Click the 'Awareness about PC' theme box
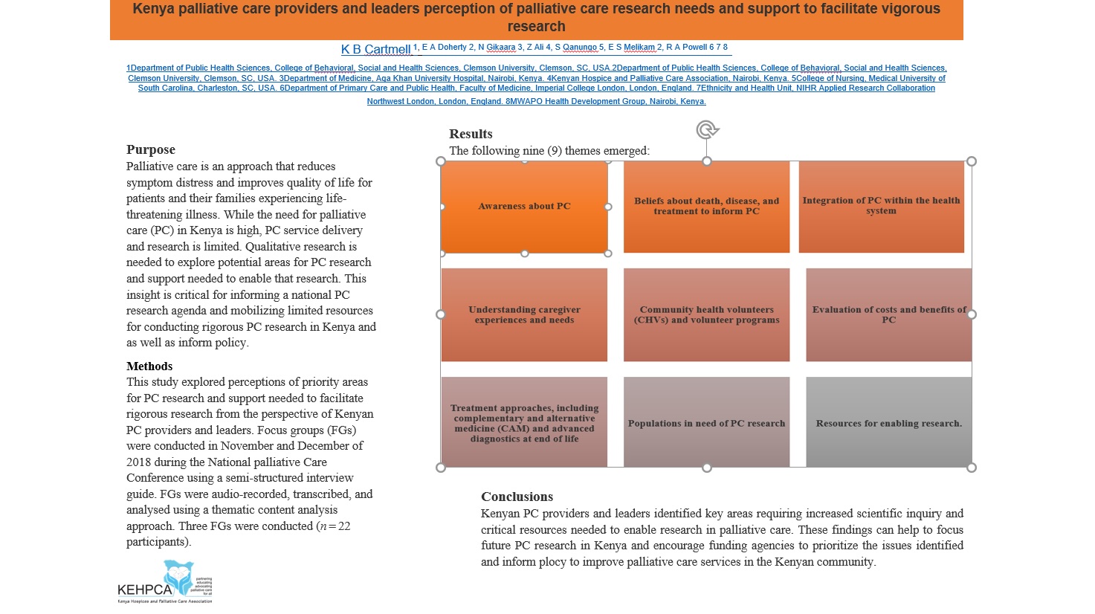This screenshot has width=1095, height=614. click(x=524, y=207)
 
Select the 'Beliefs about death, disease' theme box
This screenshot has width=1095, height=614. click(x=706, y=207)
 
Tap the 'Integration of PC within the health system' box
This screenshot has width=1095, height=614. click(x=881, y=207)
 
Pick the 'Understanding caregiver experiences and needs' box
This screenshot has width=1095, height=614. click(x=524, y=314)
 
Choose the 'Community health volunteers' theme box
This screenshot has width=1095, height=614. click(x=706, y=314)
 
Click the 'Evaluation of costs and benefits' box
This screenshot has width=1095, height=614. click(x=888, y=314)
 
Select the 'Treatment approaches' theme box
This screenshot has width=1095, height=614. click(x=524, y=422)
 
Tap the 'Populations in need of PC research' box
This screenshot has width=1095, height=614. click(x=706, y=422)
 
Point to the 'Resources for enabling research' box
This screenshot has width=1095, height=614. click(x=888, y=422)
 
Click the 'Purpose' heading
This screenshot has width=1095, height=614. click(x=151, y=149)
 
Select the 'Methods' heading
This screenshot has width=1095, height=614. click(x=149, y=366)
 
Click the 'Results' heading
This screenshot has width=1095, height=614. click(x=471, y=134)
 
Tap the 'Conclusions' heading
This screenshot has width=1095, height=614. click(x=517, y=497)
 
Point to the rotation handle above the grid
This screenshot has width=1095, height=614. click(x=707, y=130)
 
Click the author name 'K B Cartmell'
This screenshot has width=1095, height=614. click(x=375, y=49)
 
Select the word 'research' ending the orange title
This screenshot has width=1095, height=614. click(x=536, y=27)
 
